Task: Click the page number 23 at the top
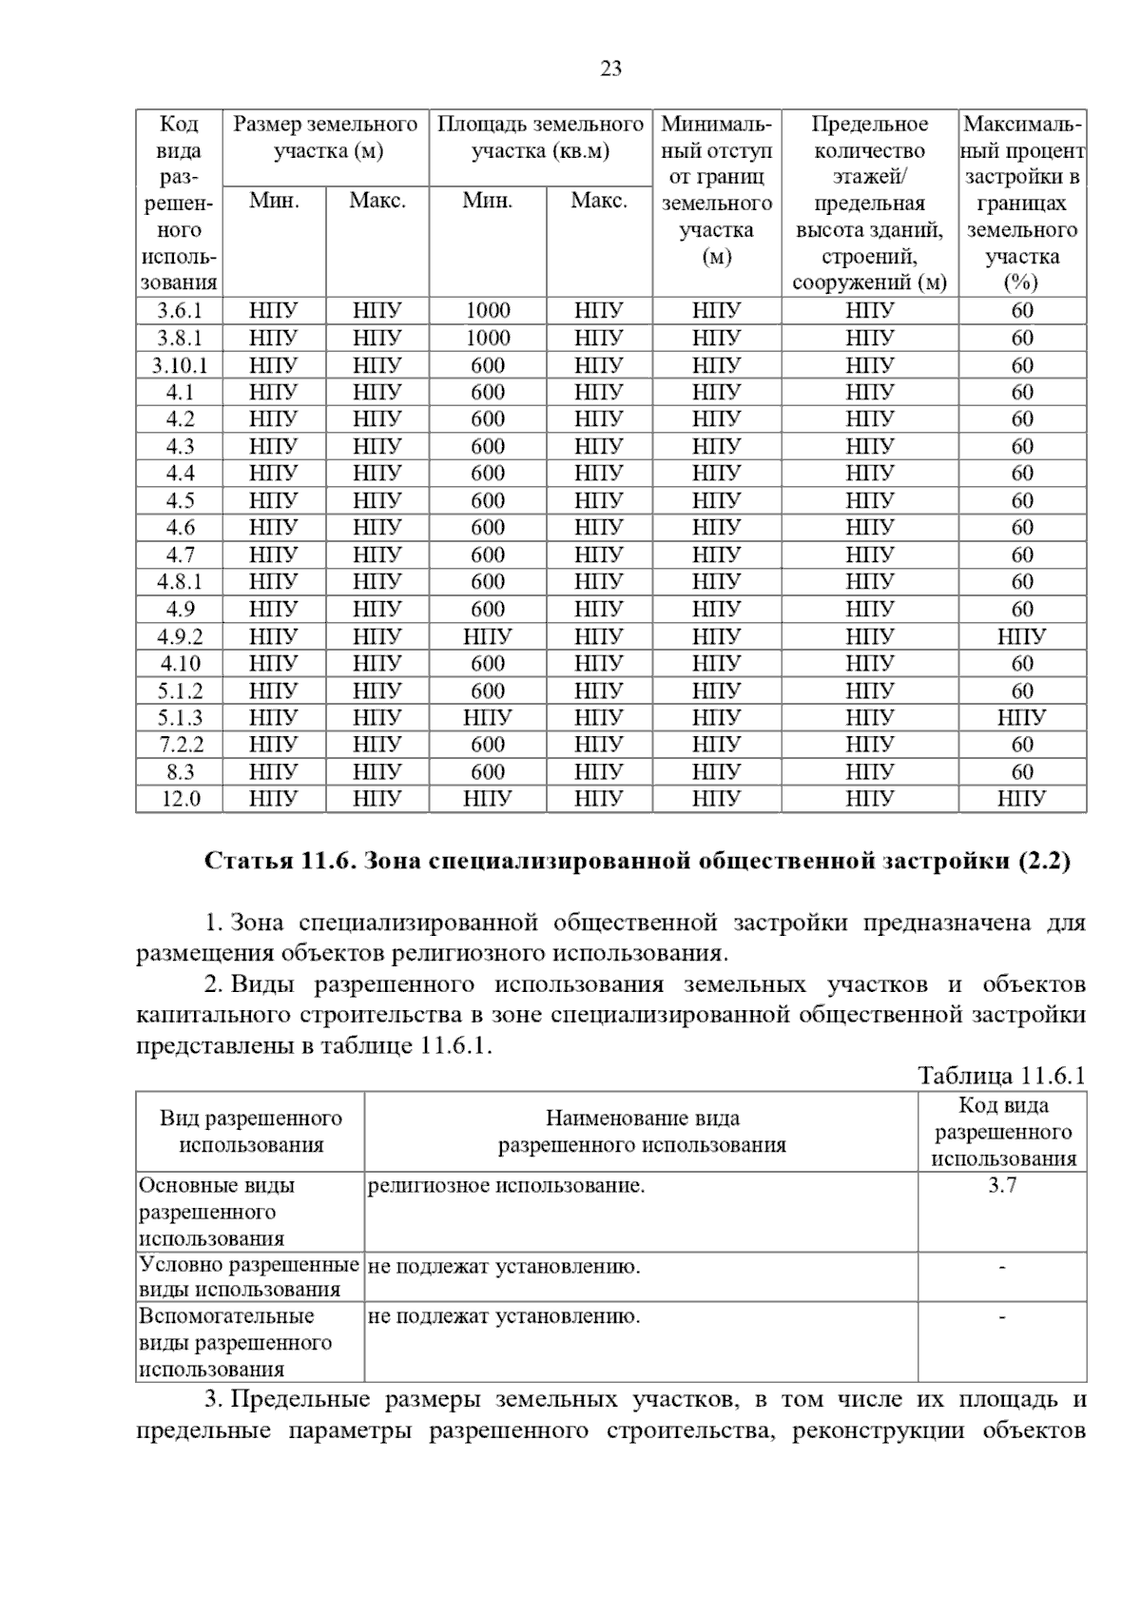611,68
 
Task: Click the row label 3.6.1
179,310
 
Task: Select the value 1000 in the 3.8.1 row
488,338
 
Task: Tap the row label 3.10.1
179,365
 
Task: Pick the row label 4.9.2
179,636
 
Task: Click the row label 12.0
179,799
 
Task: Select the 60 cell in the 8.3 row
1021,771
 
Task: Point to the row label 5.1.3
179,717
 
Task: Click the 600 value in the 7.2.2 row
488,745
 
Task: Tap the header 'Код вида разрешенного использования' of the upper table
179,203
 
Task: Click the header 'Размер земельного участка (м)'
326,138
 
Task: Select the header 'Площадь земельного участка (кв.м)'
540,138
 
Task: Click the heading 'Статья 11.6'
637,862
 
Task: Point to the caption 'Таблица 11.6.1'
1000,1076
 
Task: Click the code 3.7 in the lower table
1002,1186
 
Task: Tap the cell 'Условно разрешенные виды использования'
249,1277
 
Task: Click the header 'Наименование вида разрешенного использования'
642,1132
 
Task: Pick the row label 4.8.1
179,582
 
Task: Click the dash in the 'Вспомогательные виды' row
1002,1317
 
